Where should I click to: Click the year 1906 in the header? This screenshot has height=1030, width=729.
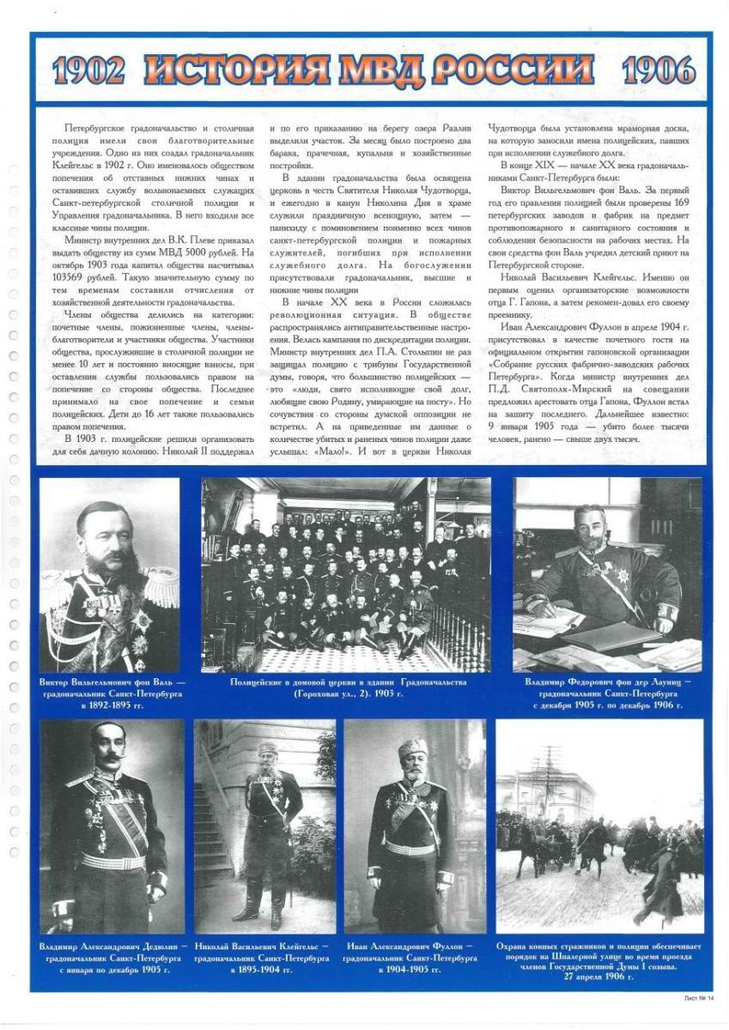click(x=659, y=70)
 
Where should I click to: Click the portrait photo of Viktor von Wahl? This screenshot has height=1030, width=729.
click(x=109, y=574)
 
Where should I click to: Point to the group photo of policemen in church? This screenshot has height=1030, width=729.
click(x=346, y=574)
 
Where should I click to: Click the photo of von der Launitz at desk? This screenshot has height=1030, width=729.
click(x=607, y=574)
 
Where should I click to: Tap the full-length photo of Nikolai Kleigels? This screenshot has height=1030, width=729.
click(x=264, y=825)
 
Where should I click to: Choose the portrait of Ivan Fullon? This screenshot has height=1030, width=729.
click(x=415, y=825)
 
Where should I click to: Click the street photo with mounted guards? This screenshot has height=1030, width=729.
click(x=599, y=825)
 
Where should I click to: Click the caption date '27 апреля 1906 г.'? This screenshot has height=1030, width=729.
click(x=599, y=977)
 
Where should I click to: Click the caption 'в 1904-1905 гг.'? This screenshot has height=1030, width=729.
click(x=413, y=969)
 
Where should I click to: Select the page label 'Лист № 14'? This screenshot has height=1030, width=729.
click(x=699, y=997)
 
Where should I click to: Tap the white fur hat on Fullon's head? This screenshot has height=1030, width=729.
click(x=413, y=748)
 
